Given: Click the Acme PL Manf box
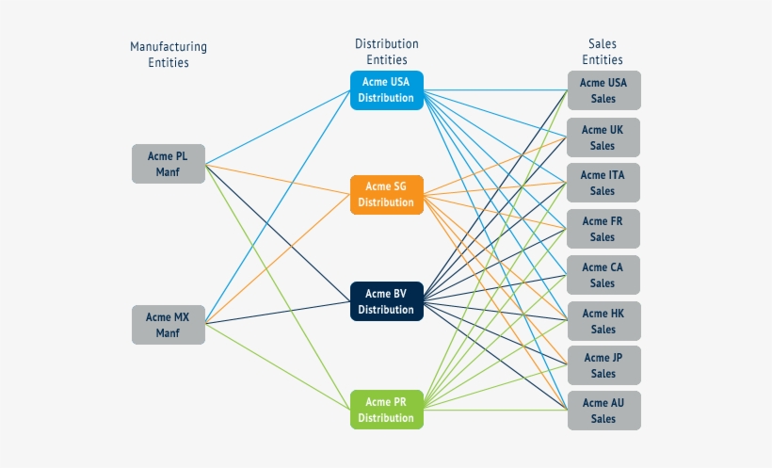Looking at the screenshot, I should click(168, 164).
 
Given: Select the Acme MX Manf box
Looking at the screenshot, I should click(168, 325).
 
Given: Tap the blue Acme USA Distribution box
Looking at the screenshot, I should click(386, 90).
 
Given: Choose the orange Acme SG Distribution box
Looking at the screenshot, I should click(386, 195).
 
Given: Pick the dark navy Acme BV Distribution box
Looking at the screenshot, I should click(386, 301).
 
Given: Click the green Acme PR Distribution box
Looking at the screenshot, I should click(386, 410).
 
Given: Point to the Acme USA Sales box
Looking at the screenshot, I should click(603, 90).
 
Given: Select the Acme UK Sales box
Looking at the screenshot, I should click(603, 137).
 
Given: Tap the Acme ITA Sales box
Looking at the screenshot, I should click(603, 183).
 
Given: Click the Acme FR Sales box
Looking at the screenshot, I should click(603, 229).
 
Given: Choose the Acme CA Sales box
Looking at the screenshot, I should click(603, 275).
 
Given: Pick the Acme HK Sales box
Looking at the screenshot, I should click(603, 321).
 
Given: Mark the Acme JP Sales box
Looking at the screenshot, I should click(603, 365).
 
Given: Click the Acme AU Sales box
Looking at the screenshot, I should click(603, 411).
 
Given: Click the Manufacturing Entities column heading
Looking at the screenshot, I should click(169, 55).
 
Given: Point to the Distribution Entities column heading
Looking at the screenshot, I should click(386, 52).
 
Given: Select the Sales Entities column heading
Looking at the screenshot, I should click(603, 52).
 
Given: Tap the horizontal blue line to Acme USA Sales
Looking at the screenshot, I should click(494, 91).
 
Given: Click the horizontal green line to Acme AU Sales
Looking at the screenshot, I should click(494, 411).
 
